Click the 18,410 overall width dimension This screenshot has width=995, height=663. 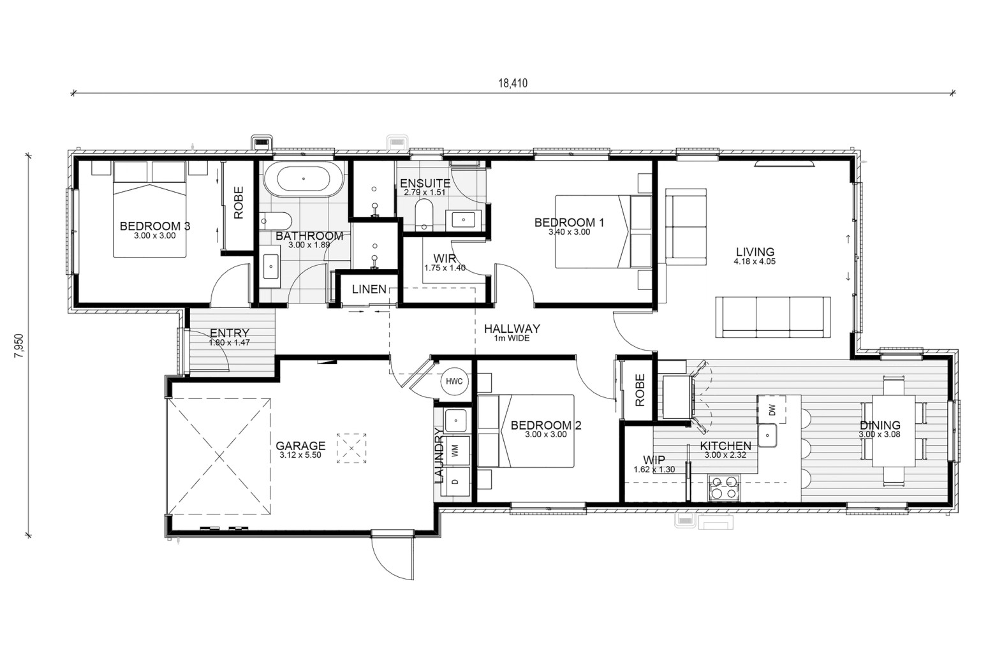click(x=513, y=83)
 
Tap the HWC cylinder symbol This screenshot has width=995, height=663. click(x=454, y=381)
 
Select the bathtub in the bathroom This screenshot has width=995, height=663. click(x=304, y=179)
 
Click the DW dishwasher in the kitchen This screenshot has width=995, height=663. click(x=772, y=409)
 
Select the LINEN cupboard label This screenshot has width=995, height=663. click(x=369, y=289)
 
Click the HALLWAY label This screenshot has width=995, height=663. click(x=512, y=329)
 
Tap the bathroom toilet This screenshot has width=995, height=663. click(x=276, y=221)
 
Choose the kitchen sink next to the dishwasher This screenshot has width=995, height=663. click(x=767, y=435)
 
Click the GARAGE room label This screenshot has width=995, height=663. click(x=300, y=446)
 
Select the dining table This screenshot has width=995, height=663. click(x=894, y=430)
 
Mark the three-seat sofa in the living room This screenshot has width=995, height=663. click(x=773, y=317)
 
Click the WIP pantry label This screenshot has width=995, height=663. click(x=654, y=460)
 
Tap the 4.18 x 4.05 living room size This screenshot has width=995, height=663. click(x=755, y=261)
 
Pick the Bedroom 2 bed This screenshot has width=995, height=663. click(x=526, y=431)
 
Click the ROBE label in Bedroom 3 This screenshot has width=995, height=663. click(x=239, y=203)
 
